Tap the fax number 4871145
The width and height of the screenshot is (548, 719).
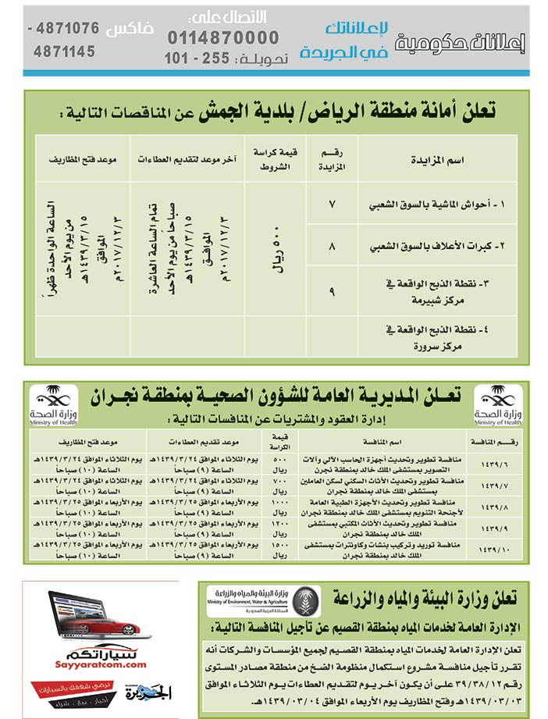tap(65, 52)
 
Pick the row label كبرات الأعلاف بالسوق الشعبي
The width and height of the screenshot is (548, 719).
tap(436, 245)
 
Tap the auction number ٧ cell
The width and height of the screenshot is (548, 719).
tap(333, 205)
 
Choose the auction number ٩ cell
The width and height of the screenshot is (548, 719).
tap(333, 290)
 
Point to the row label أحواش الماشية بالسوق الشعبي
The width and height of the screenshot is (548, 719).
tap(436, 205)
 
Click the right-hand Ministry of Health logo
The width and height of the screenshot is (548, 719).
tap(498, 404)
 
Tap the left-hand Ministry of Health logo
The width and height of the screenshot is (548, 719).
tap(53, 404)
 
